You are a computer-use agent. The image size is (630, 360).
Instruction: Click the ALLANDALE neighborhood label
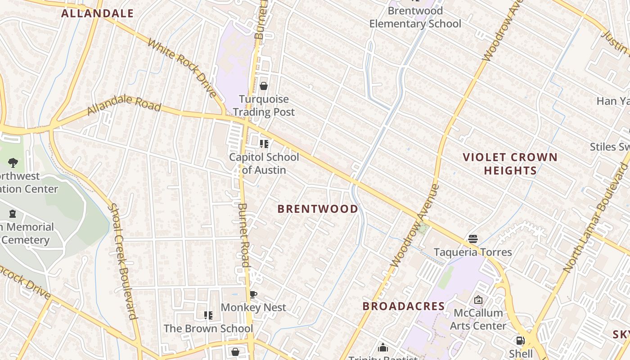[97, 13]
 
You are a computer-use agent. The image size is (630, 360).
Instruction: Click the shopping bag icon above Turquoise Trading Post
[264, 86]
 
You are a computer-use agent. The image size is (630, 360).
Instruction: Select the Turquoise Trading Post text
[264, 106]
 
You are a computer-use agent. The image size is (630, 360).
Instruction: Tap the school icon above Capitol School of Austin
[264, 144]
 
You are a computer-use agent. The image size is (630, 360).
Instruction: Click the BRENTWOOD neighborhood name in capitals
[318, 209]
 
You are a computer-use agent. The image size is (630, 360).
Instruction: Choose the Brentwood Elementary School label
[415, 17]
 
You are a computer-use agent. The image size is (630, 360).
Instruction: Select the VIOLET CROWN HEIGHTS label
[510, 164]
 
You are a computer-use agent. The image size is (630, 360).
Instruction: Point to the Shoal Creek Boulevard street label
[122, 261]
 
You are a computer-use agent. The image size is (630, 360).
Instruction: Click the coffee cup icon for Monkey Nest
[253, 295]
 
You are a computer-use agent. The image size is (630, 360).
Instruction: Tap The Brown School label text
[208, 328]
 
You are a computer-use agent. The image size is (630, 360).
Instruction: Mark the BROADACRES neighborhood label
[404, 306]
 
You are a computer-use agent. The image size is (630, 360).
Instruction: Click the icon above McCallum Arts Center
[478, 299]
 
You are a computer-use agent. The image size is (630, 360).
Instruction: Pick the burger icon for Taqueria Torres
[472, 238]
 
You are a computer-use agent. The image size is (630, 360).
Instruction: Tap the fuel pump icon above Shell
[520, 341]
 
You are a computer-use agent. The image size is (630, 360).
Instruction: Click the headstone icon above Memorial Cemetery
[13, 214]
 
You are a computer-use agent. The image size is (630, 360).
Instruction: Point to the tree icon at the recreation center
[13, 162]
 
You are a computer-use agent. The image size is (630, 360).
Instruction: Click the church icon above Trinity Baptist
[383, 347]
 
